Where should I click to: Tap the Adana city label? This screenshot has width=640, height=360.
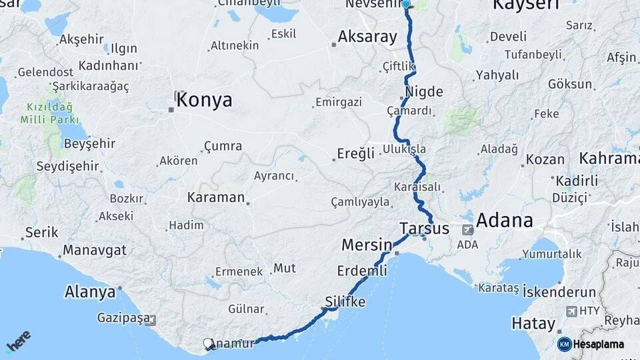click(504, 221)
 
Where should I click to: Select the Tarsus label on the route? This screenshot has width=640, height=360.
click(425, 229)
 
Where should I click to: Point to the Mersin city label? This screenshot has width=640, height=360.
click(366, 245)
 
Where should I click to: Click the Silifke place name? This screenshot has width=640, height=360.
click(345, 302)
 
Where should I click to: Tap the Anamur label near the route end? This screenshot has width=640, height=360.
click(233, 344)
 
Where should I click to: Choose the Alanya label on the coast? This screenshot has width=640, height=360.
click(89, 292)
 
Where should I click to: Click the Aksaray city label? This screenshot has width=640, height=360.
click(367, 37)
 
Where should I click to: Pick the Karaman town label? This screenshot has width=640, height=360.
click(216, 197)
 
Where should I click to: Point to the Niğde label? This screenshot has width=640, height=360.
click(424, 92)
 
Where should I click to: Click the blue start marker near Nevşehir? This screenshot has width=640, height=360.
click(406, 3)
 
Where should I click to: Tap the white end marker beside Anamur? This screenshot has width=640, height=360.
click(207, 344)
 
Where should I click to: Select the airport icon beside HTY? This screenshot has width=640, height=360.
click(571, 311)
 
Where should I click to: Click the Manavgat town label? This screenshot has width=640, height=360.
click(95, 251)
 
